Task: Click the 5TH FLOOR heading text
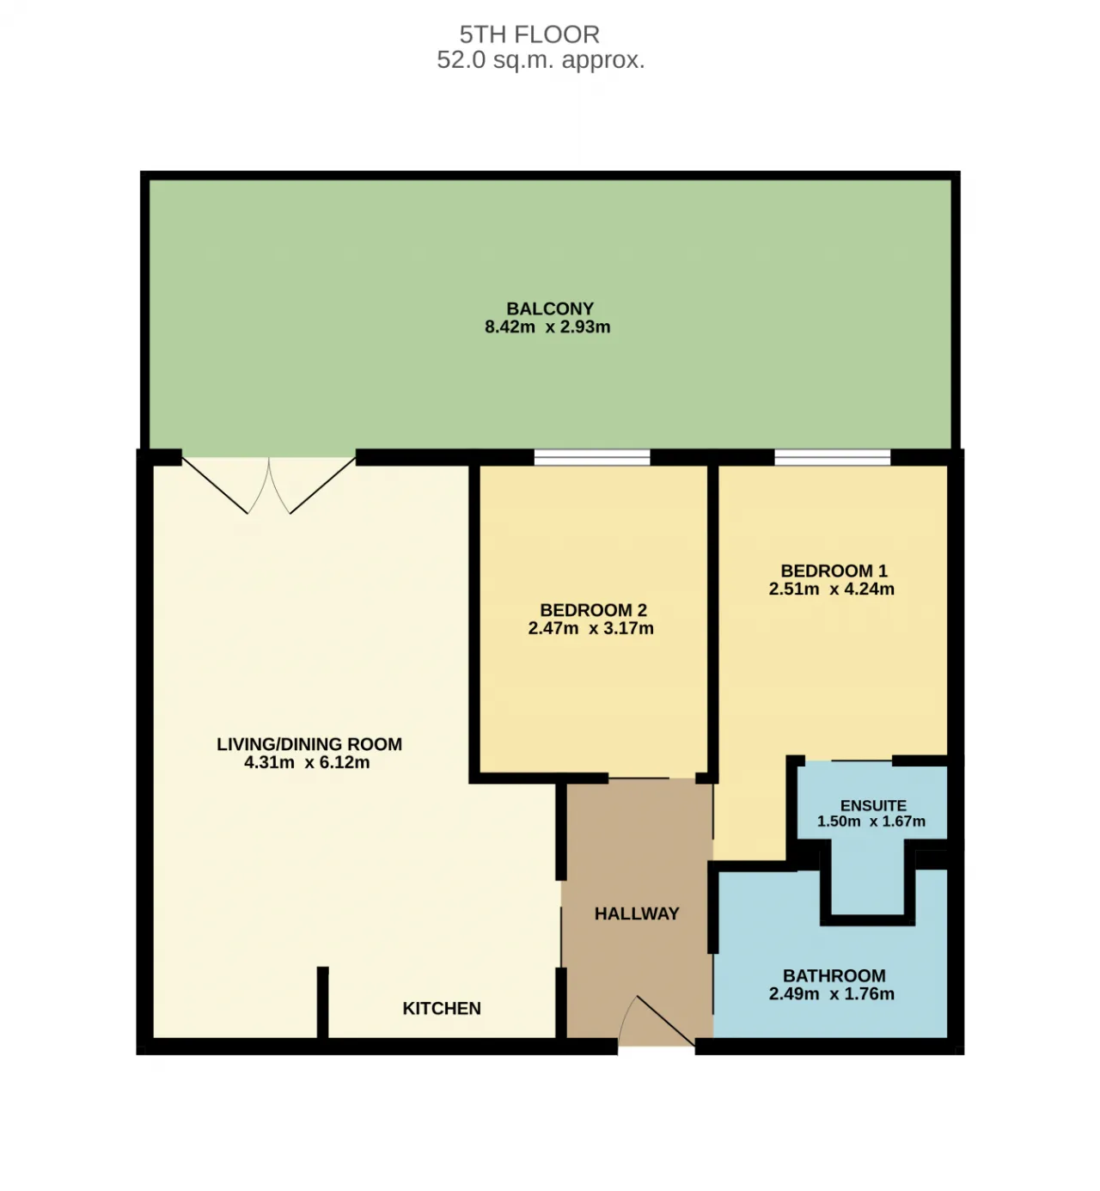point(529,34)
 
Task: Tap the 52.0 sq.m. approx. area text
point(541,60)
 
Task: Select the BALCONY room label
point(549,308)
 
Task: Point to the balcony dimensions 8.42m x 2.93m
point(547,327)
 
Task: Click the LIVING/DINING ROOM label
point(309,744)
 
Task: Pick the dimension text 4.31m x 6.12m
point(307,762)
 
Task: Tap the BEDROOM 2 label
point(593,610)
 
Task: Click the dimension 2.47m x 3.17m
point(590,628)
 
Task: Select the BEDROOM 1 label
point(834,571)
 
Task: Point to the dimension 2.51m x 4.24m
point(831,589)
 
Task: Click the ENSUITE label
point(873,805)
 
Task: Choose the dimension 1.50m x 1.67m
point(871,821)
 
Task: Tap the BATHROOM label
point(834,975)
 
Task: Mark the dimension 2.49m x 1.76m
point(831,994)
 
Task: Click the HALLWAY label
point(637,913)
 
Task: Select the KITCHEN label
point(442,1008)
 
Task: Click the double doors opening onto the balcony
point(269,486)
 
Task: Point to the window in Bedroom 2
point(592,457)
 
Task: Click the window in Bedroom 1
point(832,457)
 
